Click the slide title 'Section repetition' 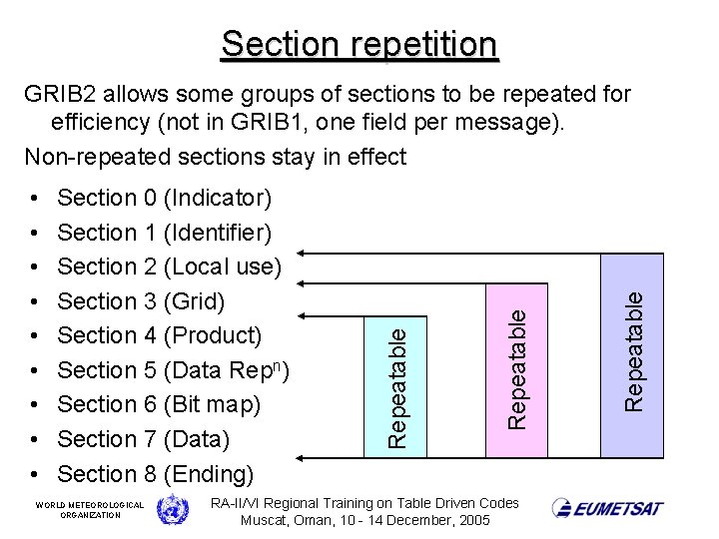[359, 44]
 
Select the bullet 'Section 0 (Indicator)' [164, 198]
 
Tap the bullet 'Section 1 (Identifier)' [164, 233]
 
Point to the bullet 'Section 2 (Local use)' [170, 267]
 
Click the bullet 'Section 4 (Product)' [159, 335]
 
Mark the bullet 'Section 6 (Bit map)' [159, 404]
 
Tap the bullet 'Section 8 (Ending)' [156, 473]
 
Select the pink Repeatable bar [515, 370]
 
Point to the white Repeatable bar [396, 385]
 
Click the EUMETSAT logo [608, 508]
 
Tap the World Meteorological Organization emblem [172, 509]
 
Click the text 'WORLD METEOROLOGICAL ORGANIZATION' [90, 509]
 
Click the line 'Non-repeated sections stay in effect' [215, 157]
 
